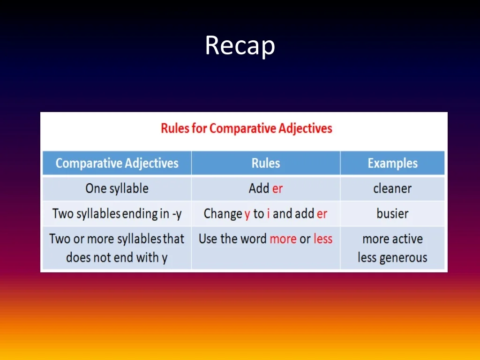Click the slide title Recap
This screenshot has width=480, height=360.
coord(240,46)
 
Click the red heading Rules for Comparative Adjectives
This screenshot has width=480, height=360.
coord(247,128)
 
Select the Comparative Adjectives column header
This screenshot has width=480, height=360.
coord(117,163)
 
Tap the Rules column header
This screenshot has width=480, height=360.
coord(266,163)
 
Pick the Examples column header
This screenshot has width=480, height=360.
coord(392,163)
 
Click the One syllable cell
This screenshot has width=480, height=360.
coord(117,188)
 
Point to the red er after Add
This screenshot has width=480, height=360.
coord(277,188)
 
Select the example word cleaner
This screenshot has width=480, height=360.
coord(392,188)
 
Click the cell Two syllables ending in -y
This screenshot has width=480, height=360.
coord(117,214)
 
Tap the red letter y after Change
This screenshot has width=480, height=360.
coord(247,214)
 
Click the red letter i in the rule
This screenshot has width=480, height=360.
coord(268,214)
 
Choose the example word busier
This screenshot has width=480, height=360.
coord(392,214)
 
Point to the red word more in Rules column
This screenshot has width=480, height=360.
coord(283,239)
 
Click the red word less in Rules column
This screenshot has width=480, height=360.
coord(323,239)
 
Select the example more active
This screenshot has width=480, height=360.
coord(392,239)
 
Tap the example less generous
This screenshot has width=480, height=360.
coord(392,258)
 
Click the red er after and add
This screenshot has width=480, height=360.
coord(322,214)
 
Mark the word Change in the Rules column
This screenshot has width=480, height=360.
coord(223,214)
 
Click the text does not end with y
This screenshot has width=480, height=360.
coord(117,258)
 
